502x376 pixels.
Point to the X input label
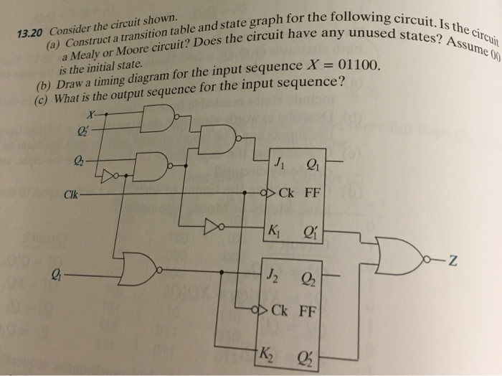pos(89,113)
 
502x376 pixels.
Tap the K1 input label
pos(274,232)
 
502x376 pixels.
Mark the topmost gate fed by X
pos(158,118)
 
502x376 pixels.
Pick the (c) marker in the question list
pos(42,100)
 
